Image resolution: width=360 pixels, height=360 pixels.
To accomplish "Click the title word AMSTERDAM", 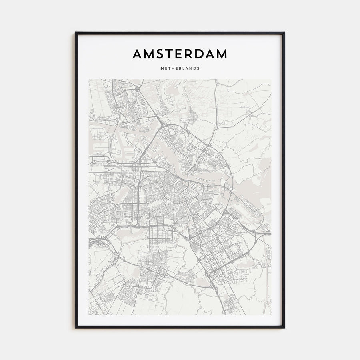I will (x=180, y=54).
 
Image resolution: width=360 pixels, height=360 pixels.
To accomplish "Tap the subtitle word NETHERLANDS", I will (x=180, y=68).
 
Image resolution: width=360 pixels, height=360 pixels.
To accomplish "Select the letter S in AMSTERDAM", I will (x=160, y=54).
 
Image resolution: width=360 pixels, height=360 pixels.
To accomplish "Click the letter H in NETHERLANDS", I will (x=173, y=68).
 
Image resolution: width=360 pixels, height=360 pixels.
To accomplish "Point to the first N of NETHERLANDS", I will (x=162, y=68).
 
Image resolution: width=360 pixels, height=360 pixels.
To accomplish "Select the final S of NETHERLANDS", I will (x=198, y=68).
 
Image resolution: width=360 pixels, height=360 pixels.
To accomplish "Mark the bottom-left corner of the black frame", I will (x=76, y=328).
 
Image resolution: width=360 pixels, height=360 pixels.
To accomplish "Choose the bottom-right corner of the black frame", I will (x=284, y=328).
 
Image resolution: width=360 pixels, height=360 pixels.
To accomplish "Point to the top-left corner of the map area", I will (x=89, y=80).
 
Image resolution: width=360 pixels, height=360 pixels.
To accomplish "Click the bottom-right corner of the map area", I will (x=271, y=315).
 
